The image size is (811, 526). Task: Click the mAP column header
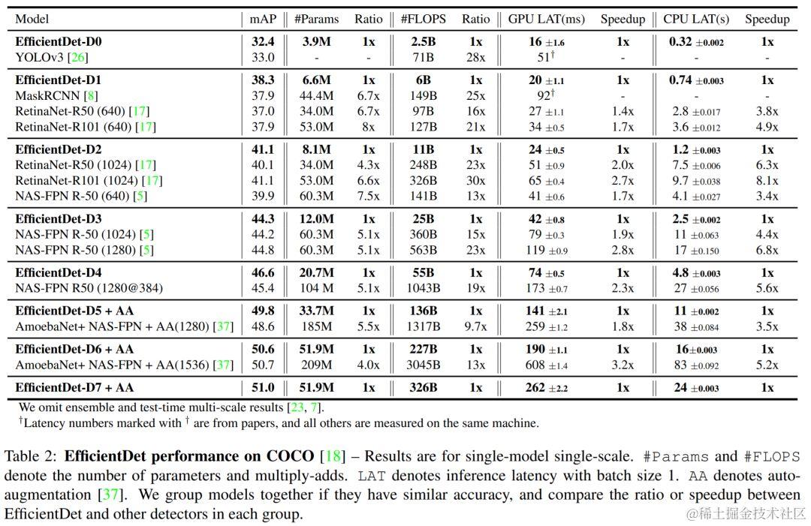pyautogui.click(x=264, y=19)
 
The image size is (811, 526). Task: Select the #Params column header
pyautogui.click(x=317, y=19)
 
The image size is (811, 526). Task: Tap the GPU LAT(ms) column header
pyautogui.click(x=546, y=19)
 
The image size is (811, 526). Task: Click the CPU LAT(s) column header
pyautogui.click(x=696, y=19)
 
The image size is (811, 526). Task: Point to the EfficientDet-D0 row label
pyautogui.click(x=59, y=41)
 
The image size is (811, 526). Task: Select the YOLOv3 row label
pyautogui.click(x=52, y=57)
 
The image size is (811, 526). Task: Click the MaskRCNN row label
pyautogui.click(x=56, y=95)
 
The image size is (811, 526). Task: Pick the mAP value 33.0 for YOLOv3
pyautogui.click(x=263, y=57)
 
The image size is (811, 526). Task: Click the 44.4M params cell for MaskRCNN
pyautogui.click(x=317, y=95)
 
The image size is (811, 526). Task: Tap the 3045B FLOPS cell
pyautogui.click(x=423, y=365)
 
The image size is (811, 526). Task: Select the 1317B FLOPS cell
pyautogui.click(x=423, y=326)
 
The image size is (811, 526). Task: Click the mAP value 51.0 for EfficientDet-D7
pyautogui.click(x=263, y=387)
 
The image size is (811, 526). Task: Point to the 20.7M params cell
pyautogui.click(x=317, y=272)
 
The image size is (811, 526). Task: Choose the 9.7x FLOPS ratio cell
pyautogui.click(x=476, y=326)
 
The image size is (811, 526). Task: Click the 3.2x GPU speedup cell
pyautogui.click(x=623, y=365)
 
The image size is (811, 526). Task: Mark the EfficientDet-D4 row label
pyautogui.click(x=59, y=272)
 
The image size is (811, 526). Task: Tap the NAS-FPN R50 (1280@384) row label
pyautogui.click(x=89, y=288)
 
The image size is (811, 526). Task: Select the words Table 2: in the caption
pyautogui.click(x=32, y=456)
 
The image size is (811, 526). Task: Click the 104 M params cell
pyautogui.click(x=317, y=288)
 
